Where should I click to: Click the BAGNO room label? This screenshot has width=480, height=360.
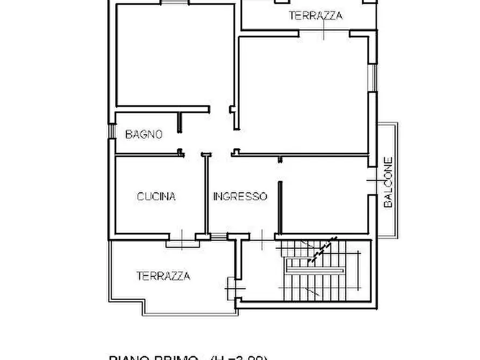click(x=144, y=134)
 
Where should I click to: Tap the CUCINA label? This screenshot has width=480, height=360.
click(x=156, y=197)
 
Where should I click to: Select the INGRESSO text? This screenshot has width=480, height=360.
click(x=240, y=197)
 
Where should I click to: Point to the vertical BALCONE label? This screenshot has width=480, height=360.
click(x=389, y=182)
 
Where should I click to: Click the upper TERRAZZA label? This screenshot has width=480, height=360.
click(x=316, y=16)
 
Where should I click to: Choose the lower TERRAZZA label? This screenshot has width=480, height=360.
click(x=163, y=276)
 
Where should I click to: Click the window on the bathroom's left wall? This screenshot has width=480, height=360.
click(x=111, y=132)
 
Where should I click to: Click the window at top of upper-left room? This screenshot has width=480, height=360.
click(x=174, y=3)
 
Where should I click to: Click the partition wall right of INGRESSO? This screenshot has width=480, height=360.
click(x=280, y=204)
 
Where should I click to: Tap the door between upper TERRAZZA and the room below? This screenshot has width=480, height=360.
click(x=324, y=33)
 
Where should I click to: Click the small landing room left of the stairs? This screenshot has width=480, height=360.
click(x=258, y=271)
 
